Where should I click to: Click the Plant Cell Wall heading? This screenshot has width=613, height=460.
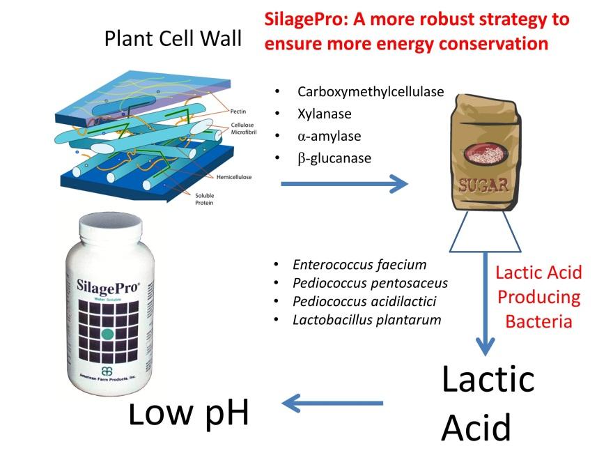173,38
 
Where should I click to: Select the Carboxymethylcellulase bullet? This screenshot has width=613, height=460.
370,91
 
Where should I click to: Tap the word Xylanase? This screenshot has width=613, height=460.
324,114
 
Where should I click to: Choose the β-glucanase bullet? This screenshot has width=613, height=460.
334,158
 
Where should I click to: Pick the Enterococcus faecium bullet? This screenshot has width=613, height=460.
359,265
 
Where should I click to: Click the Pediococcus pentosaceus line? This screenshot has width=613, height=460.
370,283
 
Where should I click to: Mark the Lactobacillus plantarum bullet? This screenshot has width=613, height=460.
367,320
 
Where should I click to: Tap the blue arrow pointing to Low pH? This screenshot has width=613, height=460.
332,403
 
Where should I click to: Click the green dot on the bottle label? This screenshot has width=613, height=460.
107,334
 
